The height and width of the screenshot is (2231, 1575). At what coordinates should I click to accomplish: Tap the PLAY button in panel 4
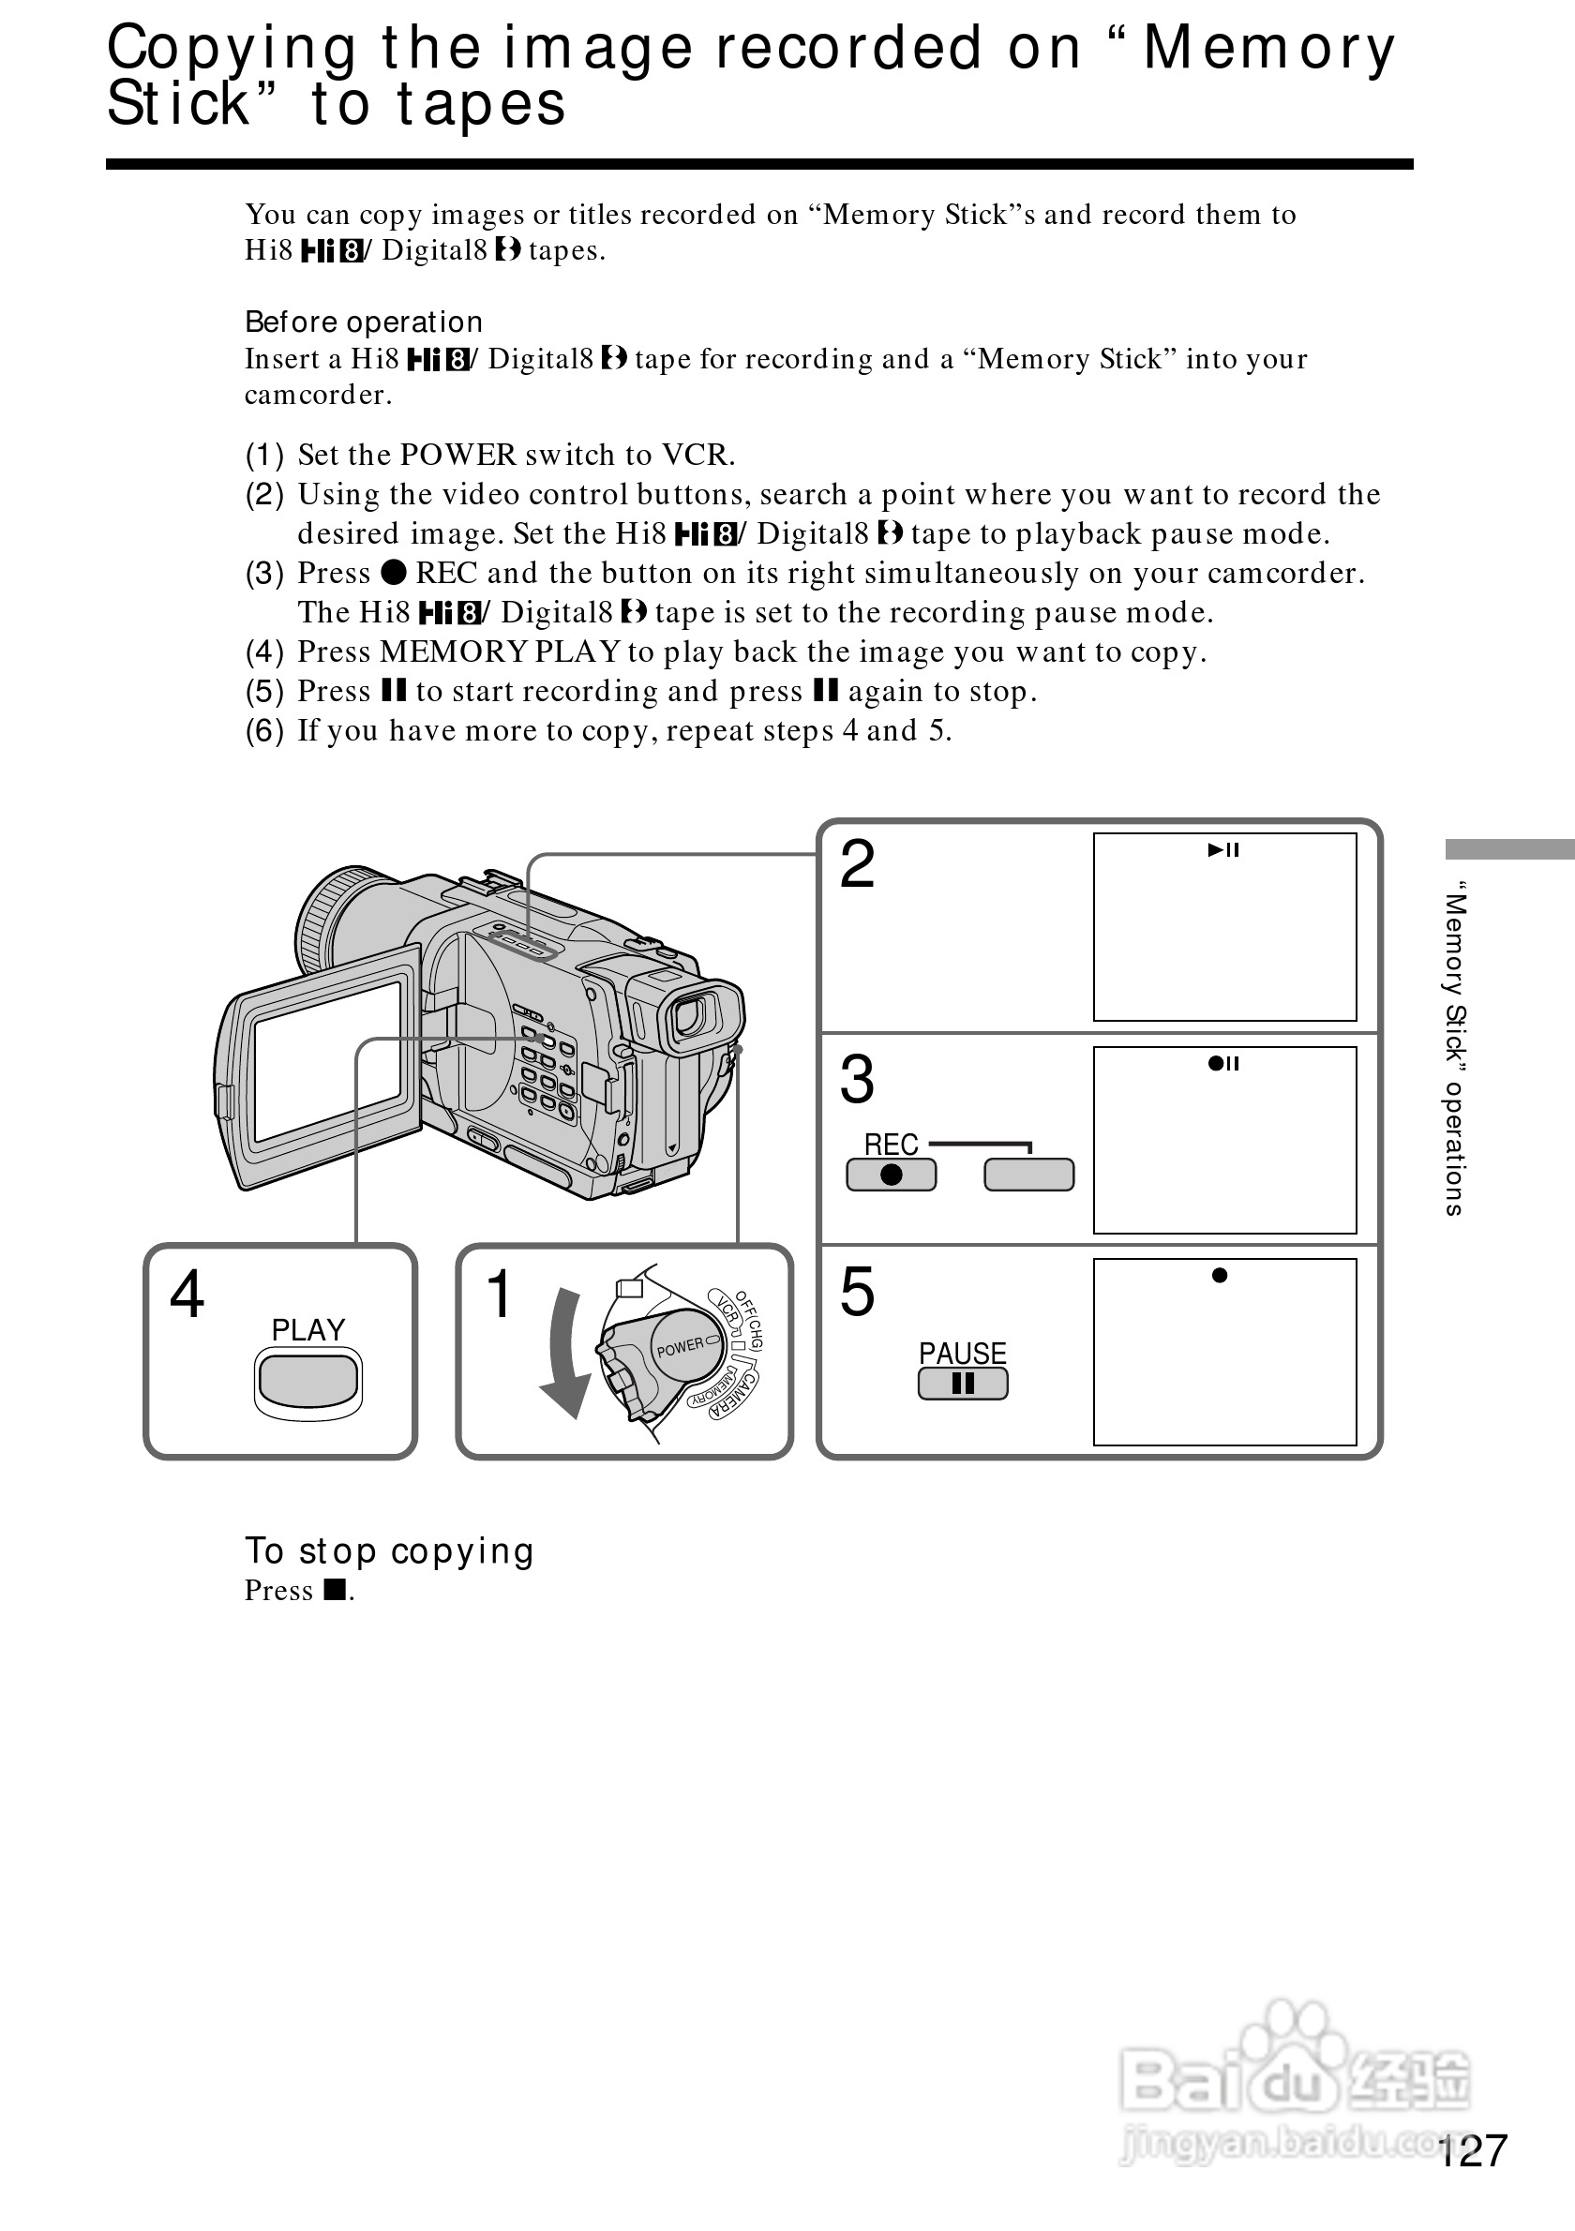click(308, 1381)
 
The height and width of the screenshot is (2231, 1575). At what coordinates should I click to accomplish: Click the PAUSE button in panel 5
click(963, 1384)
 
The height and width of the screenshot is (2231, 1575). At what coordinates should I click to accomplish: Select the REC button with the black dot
click(891, 1175)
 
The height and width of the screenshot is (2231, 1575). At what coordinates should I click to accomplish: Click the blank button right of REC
click(1029, 1175)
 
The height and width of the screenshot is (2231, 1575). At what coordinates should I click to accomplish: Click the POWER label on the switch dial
click(680, 1347)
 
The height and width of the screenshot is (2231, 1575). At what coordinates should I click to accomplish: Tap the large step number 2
click(857, 864)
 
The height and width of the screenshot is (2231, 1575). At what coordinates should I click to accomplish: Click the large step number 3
click(857, 1080)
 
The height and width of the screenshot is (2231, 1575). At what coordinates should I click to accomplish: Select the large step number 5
click(857, 1293)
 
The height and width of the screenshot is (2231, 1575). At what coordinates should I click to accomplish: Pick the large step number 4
click(187, 1295)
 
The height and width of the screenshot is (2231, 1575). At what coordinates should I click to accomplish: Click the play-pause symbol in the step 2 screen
click(1223, 850)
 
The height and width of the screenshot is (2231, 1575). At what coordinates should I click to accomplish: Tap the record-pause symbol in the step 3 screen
click(1223, 1063)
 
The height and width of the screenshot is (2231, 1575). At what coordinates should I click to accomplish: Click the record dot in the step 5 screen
click(1220, 1276)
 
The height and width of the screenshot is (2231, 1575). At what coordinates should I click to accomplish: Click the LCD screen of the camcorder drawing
click(327, 1061)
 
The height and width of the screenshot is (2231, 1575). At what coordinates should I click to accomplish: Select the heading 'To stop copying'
click(389, 1550)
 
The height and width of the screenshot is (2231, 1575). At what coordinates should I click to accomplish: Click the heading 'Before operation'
click(364, 322)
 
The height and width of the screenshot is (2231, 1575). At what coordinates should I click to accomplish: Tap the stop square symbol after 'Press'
click(336, 1590)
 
